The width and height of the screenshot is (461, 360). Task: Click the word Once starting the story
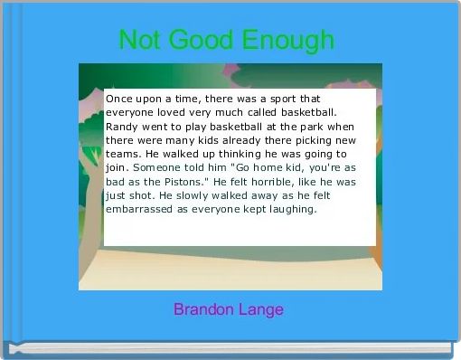[x=120, y=98]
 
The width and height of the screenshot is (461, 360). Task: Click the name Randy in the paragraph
[x=122, y=126]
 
